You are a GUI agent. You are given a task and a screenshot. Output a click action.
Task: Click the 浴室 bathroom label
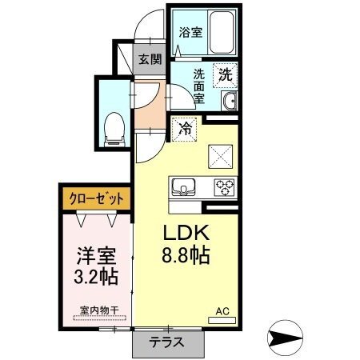tap(190, 34)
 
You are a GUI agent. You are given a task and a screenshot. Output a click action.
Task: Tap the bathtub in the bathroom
tap(217, 32)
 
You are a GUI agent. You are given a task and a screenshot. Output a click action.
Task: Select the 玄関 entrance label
tap(150, 58)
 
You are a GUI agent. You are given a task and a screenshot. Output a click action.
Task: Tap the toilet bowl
tap(114, 128)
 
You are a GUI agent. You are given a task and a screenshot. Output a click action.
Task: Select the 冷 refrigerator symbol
tap(186, 126)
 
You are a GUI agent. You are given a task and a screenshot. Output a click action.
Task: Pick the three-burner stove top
tap(222, 189)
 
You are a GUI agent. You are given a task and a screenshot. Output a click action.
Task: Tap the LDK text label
tap(186, 234)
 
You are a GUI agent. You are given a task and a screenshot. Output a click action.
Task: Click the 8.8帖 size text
tap(186, 258)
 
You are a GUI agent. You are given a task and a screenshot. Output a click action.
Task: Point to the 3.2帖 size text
tap(95, 278)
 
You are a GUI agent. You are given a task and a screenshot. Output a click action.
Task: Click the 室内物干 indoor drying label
tap(95, 309)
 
